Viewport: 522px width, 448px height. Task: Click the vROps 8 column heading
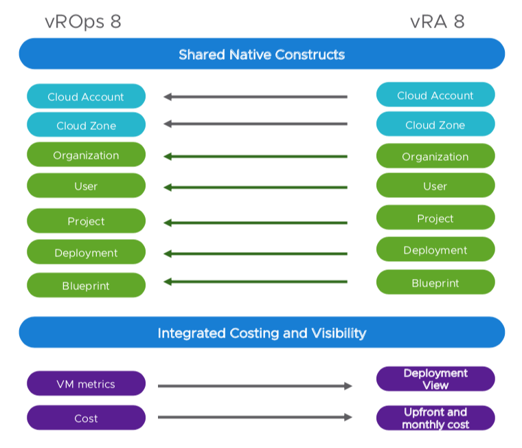coord(83,21)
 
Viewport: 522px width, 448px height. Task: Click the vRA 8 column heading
coord(437,21)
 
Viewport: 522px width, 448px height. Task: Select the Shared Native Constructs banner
coord(262,54)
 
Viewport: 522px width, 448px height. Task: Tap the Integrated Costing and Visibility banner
coord(262,333)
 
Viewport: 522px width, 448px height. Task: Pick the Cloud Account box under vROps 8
coord(86,97)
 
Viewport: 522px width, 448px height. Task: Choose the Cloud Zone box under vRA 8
coord(435,125)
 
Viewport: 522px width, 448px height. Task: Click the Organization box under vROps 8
coord(86,155)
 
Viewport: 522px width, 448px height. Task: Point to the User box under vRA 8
coord(435,186)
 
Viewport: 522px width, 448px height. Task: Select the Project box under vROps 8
coord(86,221)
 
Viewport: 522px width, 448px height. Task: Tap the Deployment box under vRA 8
coord(435,250)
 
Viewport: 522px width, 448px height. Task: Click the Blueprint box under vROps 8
coord(86,285)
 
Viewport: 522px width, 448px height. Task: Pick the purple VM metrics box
coord(86,383)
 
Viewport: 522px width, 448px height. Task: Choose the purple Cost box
coord(86,418)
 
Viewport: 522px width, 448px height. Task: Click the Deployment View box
coord(435,379)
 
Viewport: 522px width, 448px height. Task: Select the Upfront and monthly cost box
coord(435,418)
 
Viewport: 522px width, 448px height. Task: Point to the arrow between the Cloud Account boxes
coord(256,97)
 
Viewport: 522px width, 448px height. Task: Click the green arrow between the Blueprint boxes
coord(256,281)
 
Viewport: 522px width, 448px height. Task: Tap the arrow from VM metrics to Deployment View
coord(255,386)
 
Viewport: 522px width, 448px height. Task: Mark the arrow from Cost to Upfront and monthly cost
coord(255,417)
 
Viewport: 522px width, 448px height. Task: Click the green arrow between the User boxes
coord(256,187)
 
